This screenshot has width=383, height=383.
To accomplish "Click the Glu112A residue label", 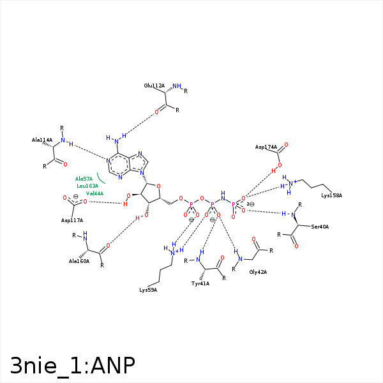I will click(154, 86).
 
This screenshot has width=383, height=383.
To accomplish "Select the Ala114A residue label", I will click(42, 140).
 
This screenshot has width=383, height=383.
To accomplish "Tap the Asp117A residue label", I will click(72, 220).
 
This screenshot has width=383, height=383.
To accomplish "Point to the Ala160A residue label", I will click(79, 261).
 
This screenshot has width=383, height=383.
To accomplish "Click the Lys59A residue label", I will click(148, 290).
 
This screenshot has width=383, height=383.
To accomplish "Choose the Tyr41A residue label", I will click(200, 283).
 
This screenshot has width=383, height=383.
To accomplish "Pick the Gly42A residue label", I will click(258, 272).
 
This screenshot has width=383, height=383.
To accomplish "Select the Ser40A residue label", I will click(320, 227).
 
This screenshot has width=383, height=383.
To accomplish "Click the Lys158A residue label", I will click(332, 195).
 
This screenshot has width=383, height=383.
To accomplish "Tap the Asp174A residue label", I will click(266, 147).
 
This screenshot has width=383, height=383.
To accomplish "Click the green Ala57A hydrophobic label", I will click(84, 179).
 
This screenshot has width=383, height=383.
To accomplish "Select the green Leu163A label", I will click(87, 186).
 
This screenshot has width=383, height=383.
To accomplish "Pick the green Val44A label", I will click(94, 193).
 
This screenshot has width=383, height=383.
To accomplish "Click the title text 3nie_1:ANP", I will click(72, 365).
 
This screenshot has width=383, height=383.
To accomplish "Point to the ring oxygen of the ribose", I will click(158, 187).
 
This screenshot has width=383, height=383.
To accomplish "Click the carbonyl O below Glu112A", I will click(156, 112).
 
